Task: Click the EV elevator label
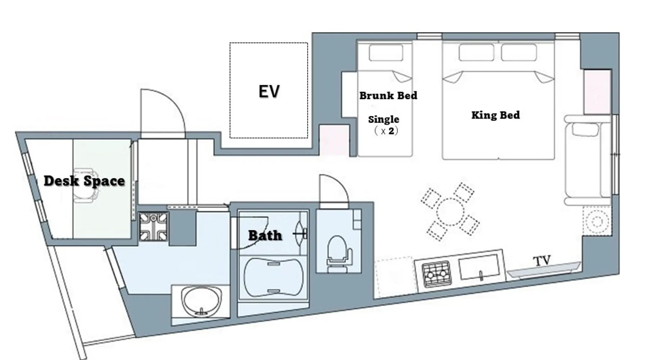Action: click(x=269, y=91)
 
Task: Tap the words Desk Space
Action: click(x=84, y=181)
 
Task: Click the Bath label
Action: click(x=265, y=235)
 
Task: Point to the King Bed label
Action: click(x=495, y=115)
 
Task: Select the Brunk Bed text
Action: click(x=388, y=95)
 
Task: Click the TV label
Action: click(x=542, y=261)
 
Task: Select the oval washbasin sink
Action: click(x=201, y=301)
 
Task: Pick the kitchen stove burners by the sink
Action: click(x=436, y=274)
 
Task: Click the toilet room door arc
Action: click(x=338, y=182)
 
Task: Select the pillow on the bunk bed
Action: click(x=386, y=53)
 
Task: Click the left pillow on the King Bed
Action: click(x=476, y=53)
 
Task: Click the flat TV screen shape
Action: click(x=544, y=270)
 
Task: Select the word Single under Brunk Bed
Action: click(x=383, y=119)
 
